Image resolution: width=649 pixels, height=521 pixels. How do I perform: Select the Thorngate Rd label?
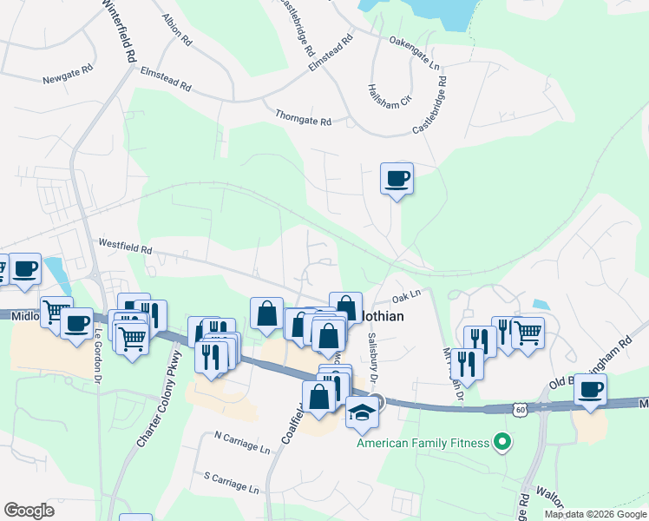(x=304, y=117)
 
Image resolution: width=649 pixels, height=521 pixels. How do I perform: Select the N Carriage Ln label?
(x=241, y=445)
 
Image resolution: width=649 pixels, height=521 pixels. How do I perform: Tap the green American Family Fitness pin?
(x=501, y=443)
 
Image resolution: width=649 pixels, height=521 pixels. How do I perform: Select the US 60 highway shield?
(x=519, y=408)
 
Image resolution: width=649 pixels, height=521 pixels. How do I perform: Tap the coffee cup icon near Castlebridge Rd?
(x=397, y=179)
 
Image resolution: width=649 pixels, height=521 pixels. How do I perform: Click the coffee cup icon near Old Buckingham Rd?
(x=591, y=389)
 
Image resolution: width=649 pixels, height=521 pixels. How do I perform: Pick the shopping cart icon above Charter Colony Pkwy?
(x=132, y=337)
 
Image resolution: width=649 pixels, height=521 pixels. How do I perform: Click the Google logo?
(x=29, y=511)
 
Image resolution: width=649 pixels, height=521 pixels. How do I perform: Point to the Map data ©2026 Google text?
(x=594, y=514)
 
